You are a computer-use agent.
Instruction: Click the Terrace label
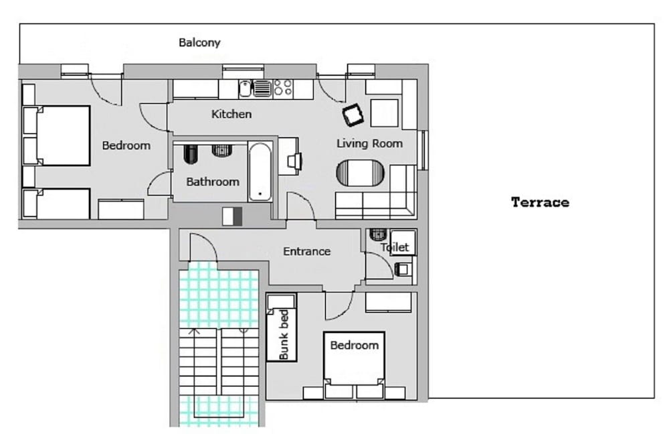click(x=540, y=202)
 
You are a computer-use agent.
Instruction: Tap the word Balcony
click(x=199, y=43)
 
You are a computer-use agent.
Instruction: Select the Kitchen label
click(x=231, y=114)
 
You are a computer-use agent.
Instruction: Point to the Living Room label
click(x=369, y=143)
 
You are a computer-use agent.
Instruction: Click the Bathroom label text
click(x=213, y=182)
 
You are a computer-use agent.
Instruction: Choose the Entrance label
click(x=306, y=252)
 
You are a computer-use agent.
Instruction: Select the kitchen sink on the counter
click(x=245, y=88)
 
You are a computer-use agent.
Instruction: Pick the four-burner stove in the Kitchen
click(x=283, y=88)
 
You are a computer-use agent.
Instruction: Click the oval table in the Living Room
click(x=361, y=173)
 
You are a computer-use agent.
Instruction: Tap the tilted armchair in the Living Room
click(x=353, y=116)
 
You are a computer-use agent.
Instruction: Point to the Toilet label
click(x=395, y=247)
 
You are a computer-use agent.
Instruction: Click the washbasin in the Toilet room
click(x=402, y=270)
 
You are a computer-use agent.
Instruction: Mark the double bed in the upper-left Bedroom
click(x=63, y=135)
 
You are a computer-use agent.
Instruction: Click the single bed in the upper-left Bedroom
click(x=62, y=204)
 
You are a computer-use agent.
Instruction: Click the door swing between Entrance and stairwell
click(x=203, y=248)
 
